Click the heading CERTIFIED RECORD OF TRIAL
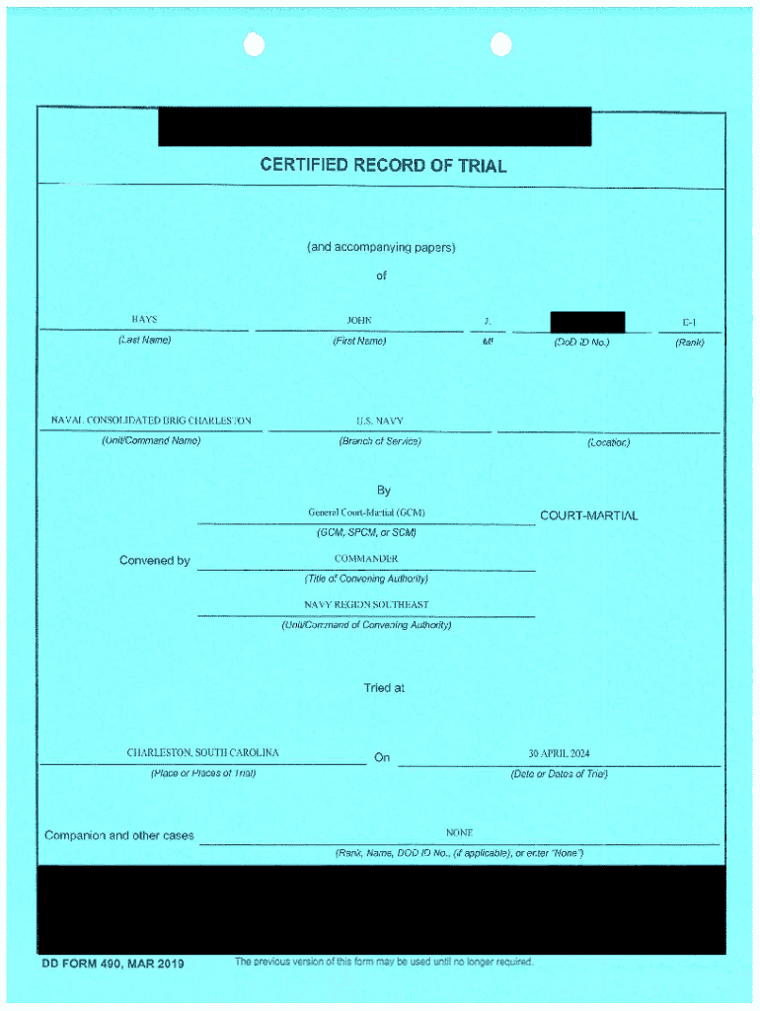pos(383,165)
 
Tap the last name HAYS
pos(144,320)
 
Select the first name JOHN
pos(359,320)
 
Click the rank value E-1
pos(689,322)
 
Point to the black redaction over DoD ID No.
pos(587,322)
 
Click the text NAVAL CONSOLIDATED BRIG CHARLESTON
pos(151,421)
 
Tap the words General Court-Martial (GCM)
pos(366,513)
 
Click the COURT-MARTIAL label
pos(588,515)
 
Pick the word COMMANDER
pos(366,559)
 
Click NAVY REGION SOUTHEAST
pos(366,604)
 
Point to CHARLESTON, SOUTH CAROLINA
pos(202,752)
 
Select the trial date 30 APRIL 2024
pos(559,753)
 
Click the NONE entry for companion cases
pos(459,833)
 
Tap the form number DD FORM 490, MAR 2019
pos(112,964)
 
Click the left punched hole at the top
pos(254,44)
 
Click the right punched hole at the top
pos(501,44)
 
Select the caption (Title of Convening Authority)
pos(366,579)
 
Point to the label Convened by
pos(154,561)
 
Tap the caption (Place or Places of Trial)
pos(202,773)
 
